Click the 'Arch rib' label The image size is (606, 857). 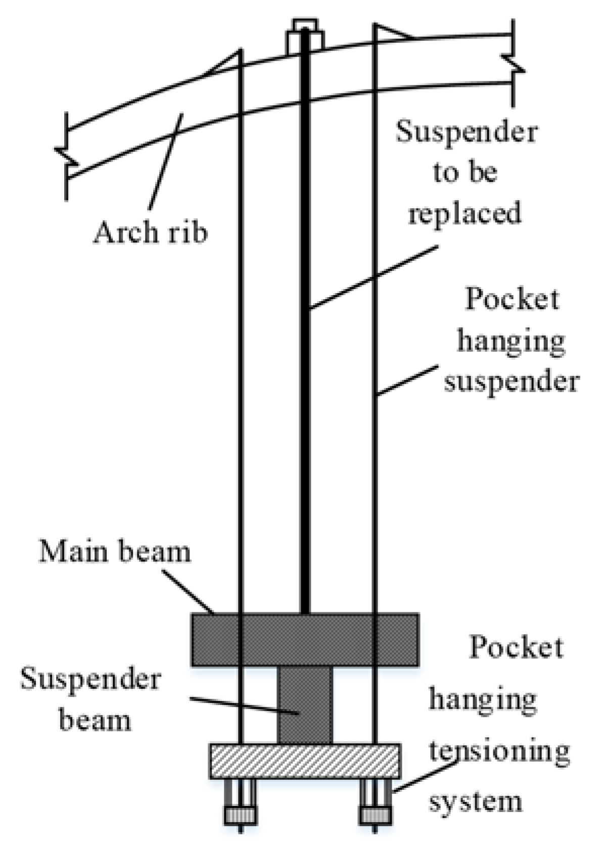[151, 233]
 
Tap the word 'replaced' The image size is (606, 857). [464, 213]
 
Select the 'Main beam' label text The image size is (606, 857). [115, 551]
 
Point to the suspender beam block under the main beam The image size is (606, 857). [305, 704]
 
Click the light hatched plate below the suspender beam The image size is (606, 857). [305, 760]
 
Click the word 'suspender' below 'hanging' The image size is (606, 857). [511, 381]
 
